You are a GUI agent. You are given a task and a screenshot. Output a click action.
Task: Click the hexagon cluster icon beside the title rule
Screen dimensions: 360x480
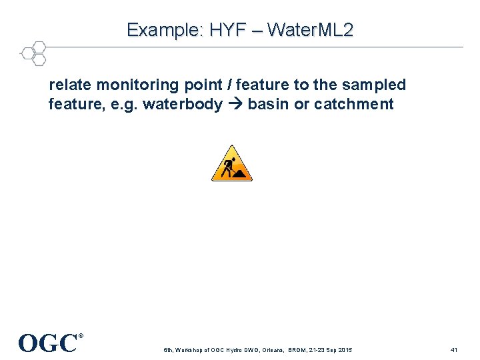[x=33, y=53]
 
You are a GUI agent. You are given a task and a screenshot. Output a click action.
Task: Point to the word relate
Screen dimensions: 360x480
[x=70, y=85]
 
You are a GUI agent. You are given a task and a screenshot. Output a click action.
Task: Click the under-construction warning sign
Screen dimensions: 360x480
[x=232, y=163]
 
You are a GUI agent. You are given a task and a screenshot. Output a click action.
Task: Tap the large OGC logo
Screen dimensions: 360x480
[x=47, y=343]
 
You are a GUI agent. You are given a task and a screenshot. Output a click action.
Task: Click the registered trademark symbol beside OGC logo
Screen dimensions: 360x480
[x=81, y=336]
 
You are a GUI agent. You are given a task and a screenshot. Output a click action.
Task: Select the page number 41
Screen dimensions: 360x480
[x=454, y=350]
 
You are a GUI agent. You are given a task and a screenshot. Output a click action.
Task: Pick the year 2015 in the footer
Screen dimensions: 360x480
[x=345, y=350]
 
